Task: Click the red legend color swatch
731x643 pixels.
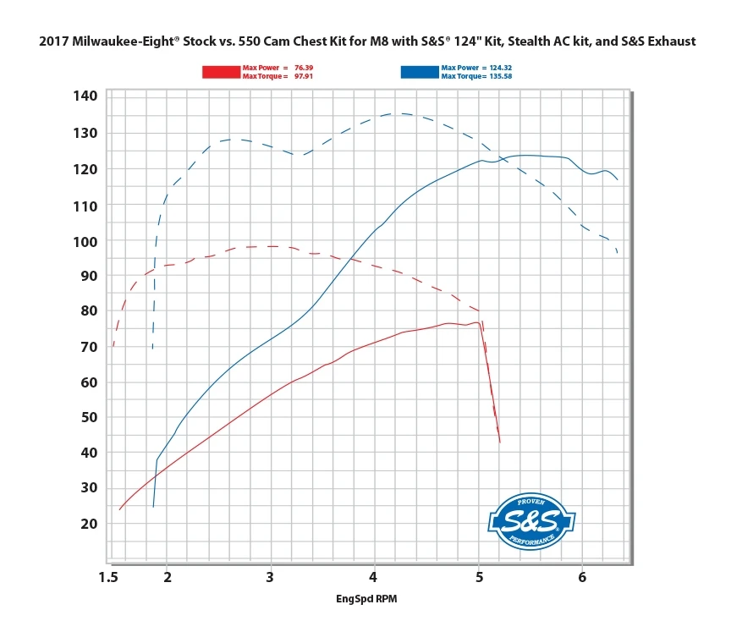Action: point(222,72)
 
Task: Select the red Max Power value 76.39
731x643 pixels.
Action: point(303,67)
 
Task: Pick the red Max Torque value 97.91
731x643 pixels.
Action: point(303,77)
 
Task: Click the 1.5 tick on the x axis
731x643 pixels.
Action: point(108,577)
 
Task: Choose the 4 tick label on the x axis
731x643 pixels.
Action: point(373,577)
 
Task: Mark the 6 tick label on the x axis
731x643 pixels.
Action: point(582,577)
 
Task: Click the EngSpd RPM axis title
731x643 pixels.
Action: point(367,600)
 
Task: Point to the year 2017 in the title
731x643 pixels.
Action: point(55,41)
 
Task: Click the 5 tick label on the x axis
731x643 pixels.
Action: point(479,577)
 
